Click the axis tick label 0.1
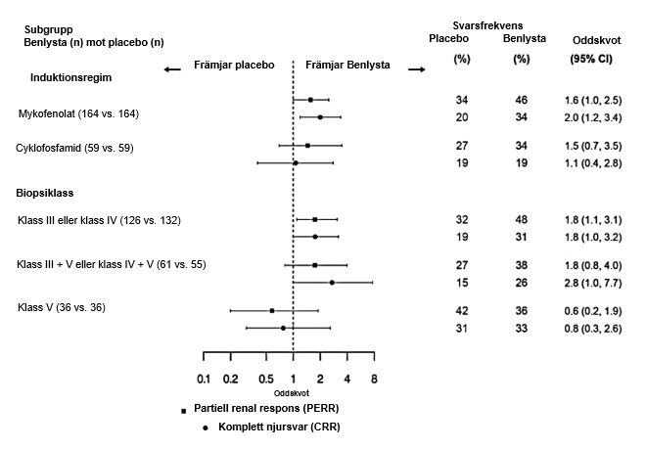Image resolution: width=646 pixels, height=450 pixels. click(204, 380)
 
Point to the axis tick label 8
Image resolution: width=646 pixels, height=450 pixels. click(374, 380)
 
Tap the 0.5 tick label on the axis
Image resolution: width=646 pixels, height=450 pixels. click(266, 380)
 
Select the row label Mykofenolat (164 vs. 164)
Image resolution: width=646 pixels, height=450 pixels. click(79, 114)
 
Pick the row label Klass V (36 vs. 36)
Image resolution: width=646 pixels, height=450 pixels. click(62, 308)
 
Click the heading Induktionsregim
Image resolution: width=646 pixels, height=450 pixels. click(67, 74)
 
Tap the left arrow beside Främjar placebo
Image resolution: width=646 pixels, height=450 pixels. click(172, 69)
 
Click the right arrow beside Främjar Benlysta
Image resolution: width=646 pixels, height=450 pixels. click(416, 69)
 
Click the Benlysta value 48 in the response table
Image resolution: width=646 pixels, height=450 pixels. click(522, 220)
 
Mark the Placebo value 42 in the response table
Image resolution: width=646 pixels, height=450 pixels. click(462, 311)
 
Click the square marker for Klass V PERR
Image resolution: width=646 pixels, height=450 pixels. click(272, 310)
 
